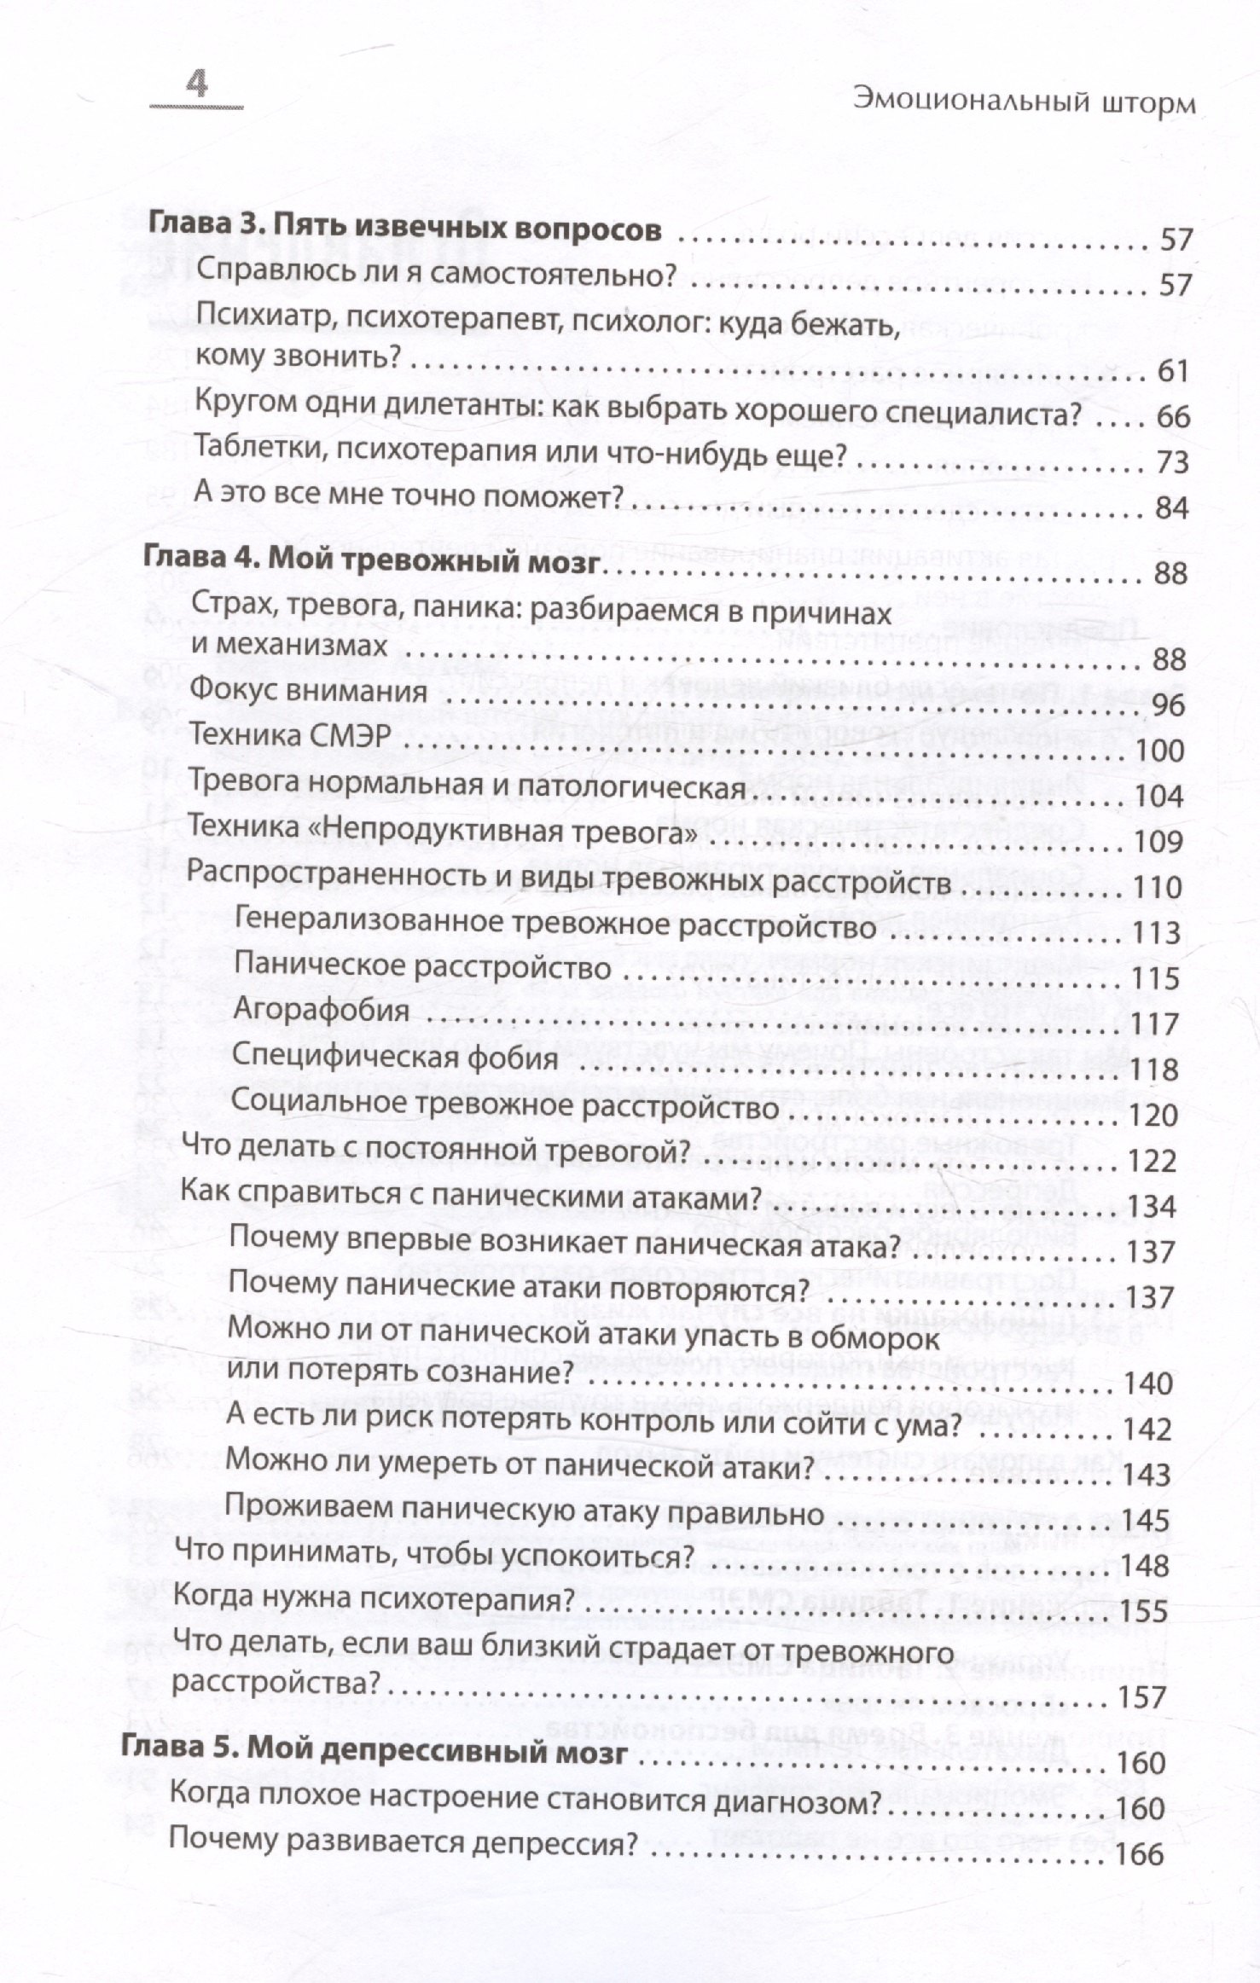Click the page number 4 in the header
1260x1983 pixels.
pyautogui.click(x=197, y=86)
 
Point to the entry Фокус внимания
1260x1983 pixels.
pyautogui.click(x=308, y=689)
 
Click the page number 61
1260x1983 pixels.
pyautogui.click(x=1172, y=372)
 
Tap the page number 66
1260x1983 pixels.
pyautogui.click(x=1172, y=417)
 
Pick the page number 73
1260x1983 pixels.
pyautogui.click(x=1172, y=462)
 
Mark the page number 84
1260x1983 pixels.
pyautogui.click(x=1170, y=508)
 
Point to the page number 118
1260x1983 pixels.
pyautogui.click(x=1155, y=1070)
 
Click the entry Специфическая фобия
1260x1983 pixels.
pyautogui.click(x=395, y=1058)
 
